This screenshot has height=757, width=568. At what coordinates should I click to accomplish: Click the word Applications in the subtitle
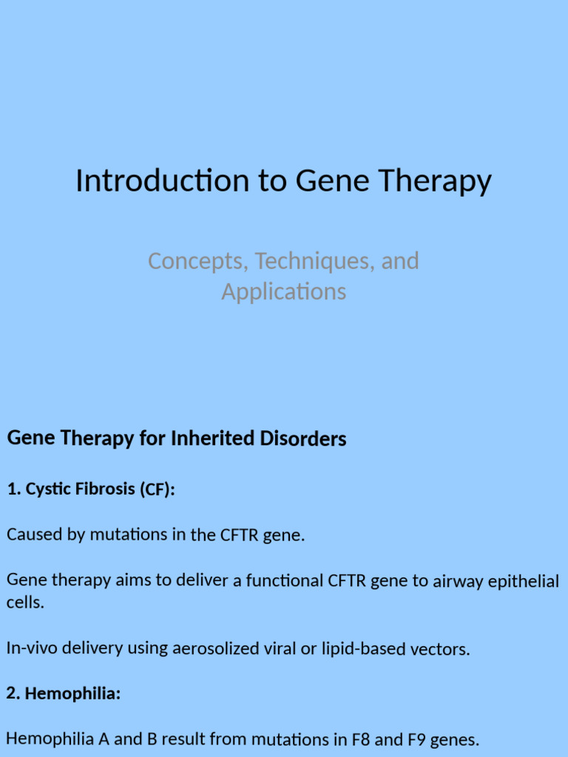click(x=283, y=292)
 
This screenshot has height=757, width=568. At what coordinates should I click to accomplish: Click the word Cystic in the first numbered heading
click(x=47, y=489)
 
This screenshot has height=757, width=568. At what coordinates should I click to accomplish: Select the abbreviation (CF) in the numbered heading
click(x=156, y=489)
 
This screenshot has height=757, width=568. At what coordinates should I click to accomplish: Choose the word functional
click(x=283, y=581)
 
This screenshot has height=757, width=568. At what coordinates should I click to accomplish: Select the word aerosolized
click(x=216, y=649)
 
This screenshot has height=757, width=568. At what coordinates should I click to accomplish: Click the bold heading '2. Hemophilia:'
click(x=64, y=694)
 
